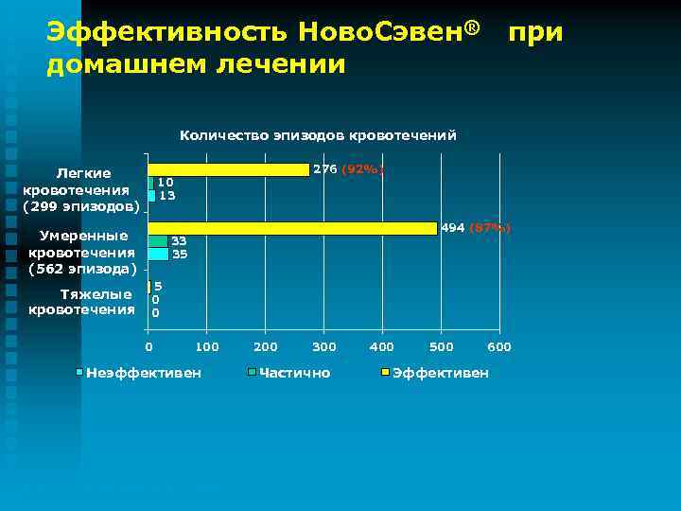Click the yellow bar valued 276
[x=229, y=170]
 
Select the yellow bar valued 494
[x=292, y=228]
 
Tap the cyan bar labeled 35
[x=158, y=254]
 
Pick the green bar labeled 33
[x=157, y=241]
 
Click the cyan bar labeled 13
[x=151, y=196]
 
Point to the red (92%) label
[x=362, y=169]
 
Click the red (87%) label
[x=490, y=228]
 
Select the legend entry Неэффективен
[x=143, y=373]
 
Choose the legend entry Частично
[x=294, y=373]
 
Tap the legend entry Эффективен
[x=440, y=373]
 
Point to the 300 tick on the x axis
[x=323, y=347]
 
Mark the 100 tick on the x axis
[x=206, y=347]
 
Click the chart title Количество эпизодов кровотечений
[x=318, y=135]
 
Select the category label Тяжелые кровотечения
[x=82, y=302]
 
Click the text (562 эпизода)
[x=82, y=268]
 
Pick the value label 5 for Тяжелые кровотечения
[x=158, y=286]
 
